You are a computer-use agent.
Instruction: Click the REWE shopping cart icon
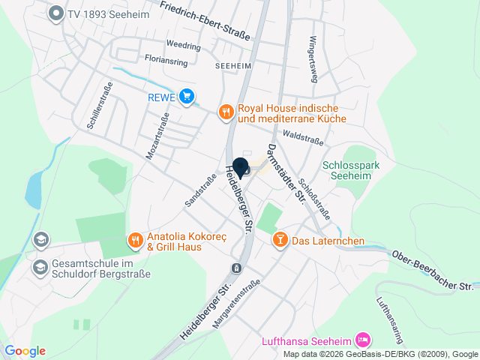[187, 96]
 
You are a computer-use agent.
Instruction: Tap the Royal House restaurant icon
[226, 112]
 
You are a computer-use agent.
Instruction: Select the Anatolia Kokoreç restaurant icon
[135, 240]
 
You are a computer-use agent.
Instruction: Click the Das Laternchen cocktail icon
[280, 240]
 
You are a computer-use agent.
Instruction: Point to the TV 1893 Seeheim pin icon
[55, 13]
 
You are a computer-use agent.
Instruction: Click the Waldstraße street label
[303, 138]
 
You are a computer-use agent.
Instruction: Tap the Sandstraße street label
[195, 190]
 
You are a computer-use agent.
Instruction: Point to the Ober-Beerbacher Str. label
[433, 271]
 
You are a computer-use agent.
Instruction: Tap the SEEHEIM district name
[232, 65]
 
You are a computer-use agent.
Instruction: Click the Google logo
[25, 351]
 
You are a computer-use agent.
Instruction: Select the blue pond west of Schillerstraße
[34, 190]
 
